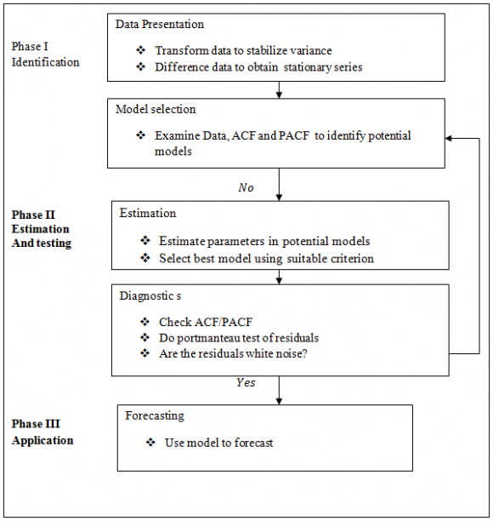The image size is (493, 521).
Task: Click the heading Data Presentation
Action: click(160, 24)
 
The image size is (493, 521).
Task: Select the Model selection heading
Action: click(156, 109)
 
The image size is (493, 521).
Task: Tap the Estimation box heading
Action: click(148, 213)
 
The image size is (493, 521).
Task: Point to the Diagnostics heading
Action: click(150, 296)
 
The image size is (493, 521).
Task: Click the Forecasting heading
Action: click(155, 416)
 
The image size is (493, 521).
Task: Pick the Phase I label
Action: click(30, 46)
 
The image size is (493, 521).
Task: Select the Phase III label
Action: click(36, 424)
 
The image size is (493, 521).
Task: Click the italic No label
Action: click(246, 188)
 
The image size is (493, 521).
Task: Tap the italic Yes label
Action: click(246, 382)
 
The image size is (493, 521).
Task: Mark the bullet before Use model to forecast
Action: click(150, 443)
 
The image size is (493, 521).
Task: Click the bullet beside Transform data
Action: click(140, 50)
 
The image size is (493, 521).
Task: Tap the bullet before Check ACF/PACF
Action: click(145, 322)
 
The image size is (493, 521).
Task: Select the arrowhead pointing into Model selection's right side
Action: click(448, 138)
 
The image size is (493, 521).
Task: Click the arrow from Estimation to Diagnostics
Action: click(279, 277)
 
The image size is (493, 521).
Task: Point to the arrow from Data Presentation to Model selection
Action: click(279, 89)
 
